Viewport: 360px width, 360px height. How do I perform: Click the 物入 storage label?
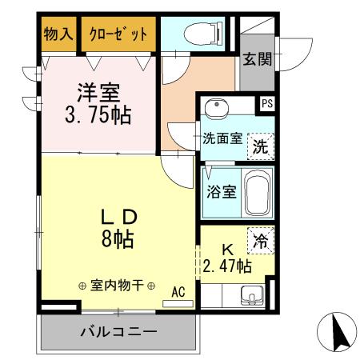[x=58, y=34]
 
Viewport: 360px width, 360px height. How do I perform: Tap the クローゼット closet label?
[x=118, y=34]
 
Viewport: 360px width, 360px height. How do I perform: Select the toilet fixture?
[x=195, y=33]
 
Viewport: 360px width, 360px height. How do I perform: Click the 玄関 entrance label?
[x=258, y=58]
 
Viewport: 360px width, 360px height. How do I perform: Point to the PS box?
[x=266, y=103]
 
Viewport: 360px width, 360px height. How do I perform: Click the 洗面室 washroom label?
[x=222, y=138]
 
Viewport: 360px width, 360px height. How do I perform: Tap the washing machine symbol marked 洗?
[x=260, y=146]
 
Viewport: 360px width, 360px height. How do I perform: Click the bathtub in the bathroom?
[x=257, y=193]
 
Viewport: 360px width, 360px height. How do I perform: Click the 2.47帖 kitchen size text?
[x=226, y=266]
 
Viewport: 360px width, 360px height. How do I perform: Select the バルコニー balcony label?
[x=117, y=330]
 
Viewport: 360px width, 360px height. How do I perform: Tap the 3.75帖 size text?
[x=98, y=115]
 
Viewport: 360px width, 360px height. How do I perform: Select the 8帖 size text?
[x=117, y=239]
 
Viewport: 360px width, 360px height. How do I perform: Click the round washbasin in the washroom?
[x=214, y=110]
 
